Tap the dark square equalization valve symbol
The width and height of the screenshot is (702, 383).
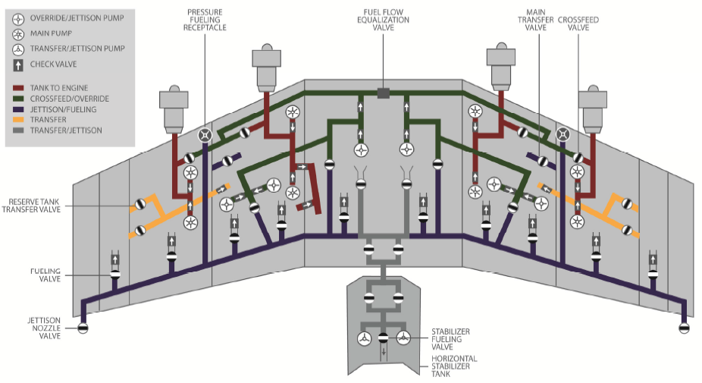pos(384,93)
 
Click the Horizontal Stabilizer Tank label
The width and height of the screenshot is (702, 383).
pos(454,366)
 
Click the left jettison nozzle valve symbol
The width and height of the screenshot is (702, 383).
pos(83,328)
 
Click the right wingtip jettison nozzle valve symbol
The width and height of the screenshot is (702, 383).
pos(684,328)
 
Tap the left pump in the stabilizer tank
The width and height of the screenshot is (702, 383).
pos(365,337)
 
